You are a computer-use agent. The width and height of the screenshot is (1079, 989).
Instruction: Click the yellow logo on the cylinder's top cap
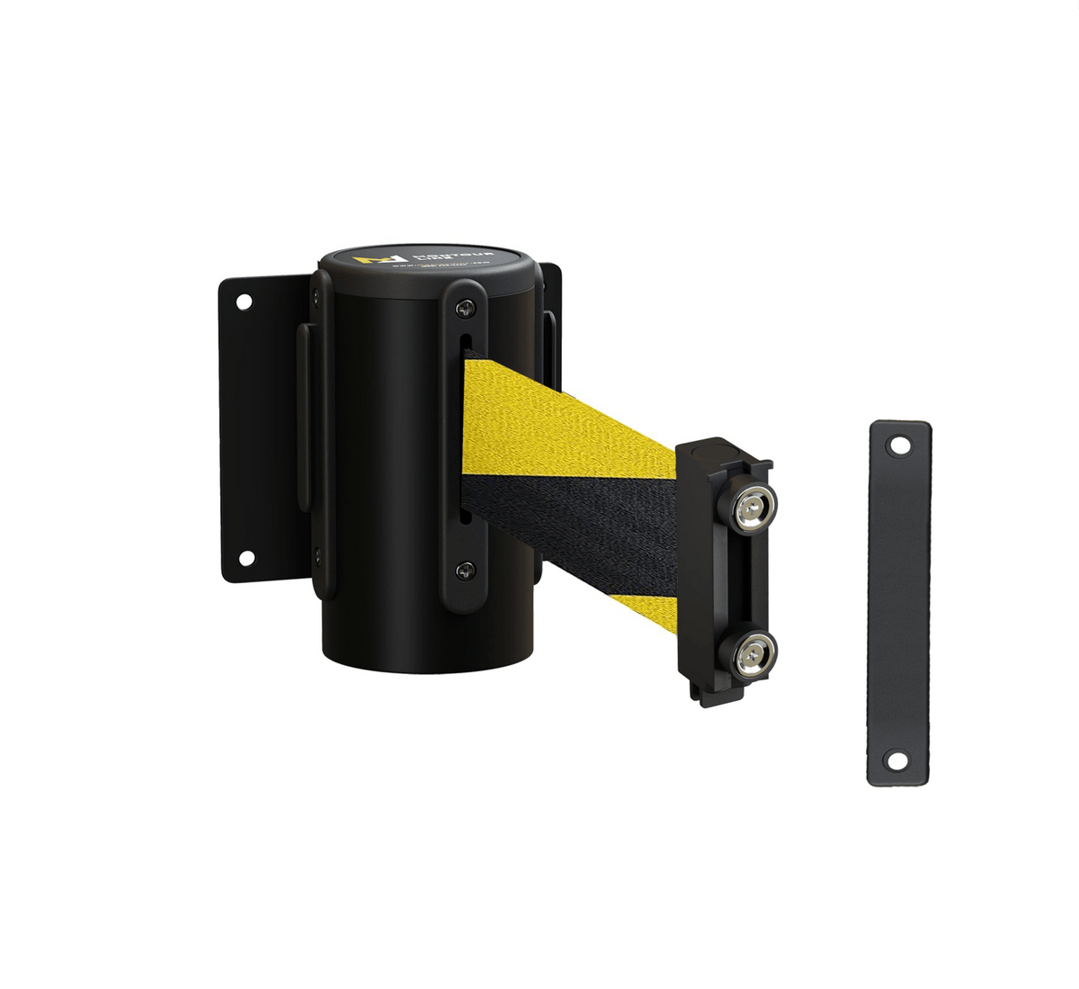click(366, 260)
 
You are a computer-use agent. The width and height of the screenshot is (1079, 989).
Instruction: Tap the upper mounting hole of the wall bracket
click(244, 301)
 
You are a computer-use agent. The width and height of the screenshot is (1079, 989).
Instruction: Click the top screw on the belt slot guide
click(464, 309)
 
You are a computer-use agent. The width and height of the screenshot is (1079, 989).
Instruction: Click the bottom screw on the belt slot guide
click(464, 570)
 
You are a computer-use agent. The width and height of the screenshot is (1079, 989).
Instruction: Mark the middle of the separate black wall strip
click(899, 603)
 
